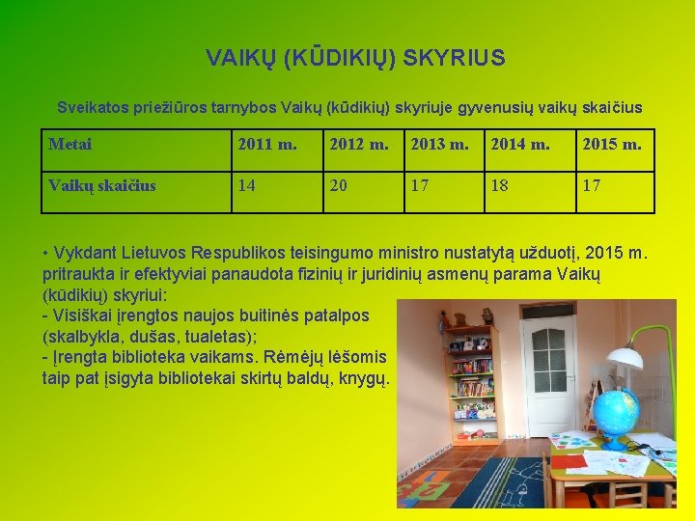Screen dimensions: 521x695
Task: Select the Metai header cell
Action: [70, 145]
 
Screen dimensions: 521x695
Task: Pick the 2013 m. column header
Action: [439, 145]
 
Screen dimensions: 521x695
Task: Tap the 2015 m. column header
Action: [612, 145]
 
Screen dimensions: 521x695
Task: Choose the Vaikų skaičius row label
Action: [102, 184]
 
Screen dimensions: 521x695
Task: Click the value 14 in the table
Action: [247, 184]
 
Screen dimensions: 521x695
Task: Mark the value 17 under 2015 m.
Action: [592, 184]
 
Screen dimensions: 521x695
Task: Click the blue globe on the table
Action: [616, 415]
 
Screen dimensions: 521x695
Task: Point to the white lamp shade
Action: [625, 356]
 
